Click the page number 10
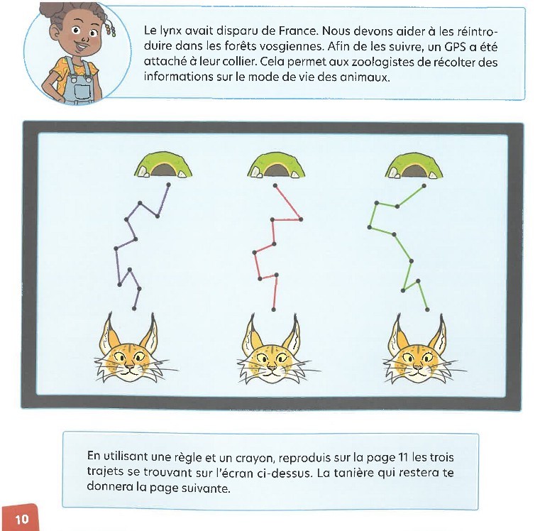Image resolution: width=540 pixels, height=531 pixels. pos(22,519)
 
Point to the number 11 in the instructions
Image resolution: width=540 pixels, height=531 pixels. pos(403,458)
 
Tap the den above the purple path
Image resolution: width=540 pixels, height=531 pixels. pos(163,165)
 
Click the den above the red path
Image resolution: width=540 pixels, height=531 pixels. pos(276,165)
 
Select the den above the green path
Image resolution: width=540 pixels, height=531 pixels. pos(414,165)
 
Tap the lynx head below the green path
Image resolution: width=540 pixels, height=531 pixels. pos(419,351)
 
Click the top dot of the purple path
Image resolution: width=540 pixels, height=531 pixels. pos(168,185)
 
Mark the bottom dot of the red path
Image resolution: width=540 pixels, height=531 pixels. pos(273,310)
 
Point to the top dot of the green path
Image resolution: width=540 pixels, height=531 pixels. pos(424,186)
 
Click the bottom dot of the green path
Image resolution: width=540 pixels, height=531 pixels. pos(427,310)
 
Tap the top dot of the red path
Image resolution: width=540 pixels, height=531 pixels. pos(275,186)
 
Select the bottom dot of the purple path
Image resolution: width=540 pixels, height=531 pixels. pos(134,308)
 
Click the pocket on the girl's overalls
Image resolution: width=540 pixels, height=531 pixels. pos(82,91)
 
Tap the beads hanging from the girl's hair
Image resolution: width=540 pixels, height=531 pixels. pos(111,29)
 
